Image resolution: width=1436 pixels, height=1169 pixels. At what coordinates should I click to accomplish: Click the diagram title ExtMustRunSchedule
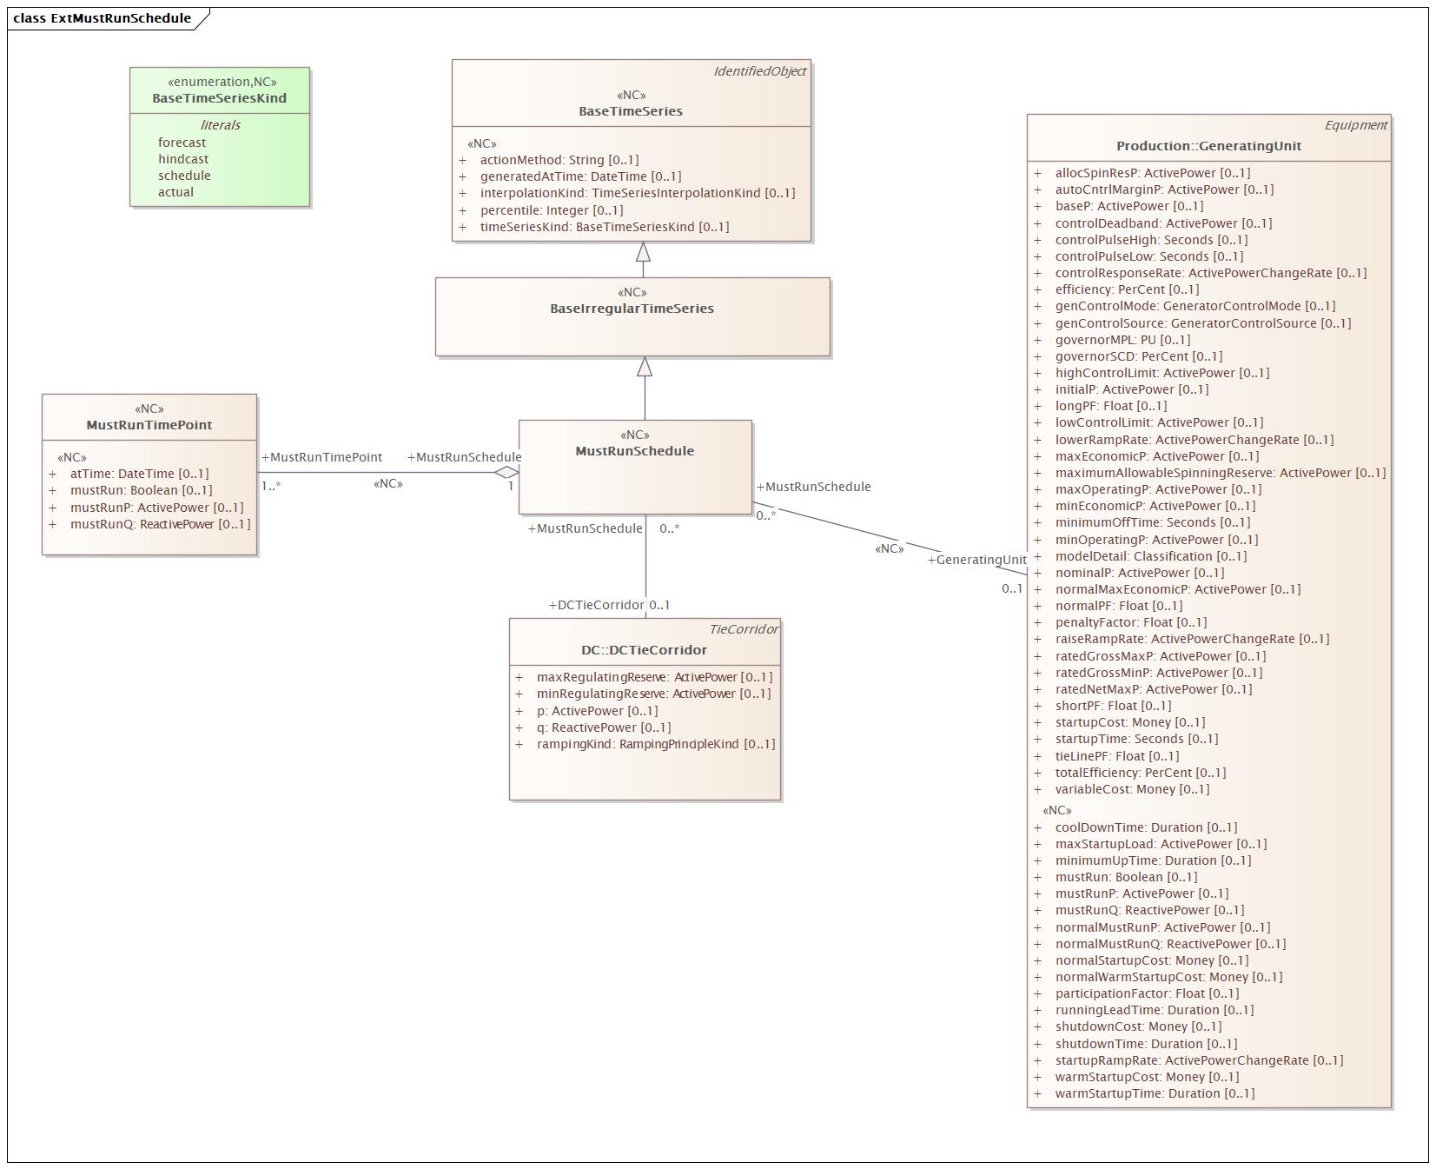[x=120, y=18]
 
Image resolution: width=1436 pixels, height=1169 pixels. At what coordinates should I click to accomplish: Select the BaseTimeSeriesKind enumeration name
[x=219, y=98]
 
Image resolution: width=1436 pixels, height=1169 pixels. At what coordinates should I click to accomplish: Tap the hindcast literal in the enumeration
[x=183, y=159]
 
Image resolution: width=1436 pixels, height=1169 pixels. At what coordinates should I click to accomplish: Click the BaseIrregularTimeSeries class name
[x=632, y=309]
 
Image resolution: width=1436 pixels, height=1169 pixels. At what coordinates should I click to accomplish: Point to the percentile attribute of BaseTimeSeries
[x=551, y=210]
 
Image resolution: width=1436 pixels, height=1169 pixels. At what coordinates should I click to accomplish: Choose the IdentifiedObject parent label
[x=759, y=71]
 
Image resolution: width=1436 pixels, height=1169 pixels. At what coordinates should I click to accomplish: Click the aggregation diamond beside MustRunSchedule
[x=506, y=473]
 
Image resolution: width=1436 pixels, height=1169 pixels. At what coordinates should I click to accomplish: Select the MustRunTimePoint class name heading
[x=149, y=425]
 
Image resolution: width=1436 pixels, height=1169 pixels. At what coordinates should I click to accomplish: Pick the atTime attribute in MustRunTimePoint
[x=139, y=474]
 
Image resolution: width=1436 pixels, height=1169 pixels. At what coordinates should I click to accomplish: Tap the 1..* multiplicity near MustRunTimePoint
[x=271, y=487]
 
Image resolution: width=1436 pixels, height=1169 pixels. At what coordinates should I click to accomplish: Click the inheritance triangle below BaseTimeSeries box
[x=643, y=252]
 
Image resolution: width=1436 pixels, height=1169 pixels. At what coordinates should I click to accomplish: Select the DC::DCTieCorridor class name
[x=644, y=650]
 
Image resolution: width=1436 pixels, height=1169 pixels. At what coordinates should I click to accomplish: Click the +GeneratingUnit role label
[x=976, y=560]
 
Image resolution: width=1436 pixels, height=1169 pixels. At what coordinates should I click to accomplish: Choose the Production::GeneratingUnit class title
[x=1208, y=146]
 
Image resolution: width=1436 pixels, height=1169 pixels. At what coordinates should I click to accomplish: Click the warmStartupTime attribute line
[x=1155, y=1093]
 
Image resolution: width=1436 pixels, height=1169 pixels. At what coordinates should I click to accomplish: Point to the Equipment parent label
[x=1355, y=125]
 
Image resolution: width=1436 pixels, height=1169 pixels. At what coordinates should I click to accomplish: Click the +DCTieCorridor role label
[x=597, y=605]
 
